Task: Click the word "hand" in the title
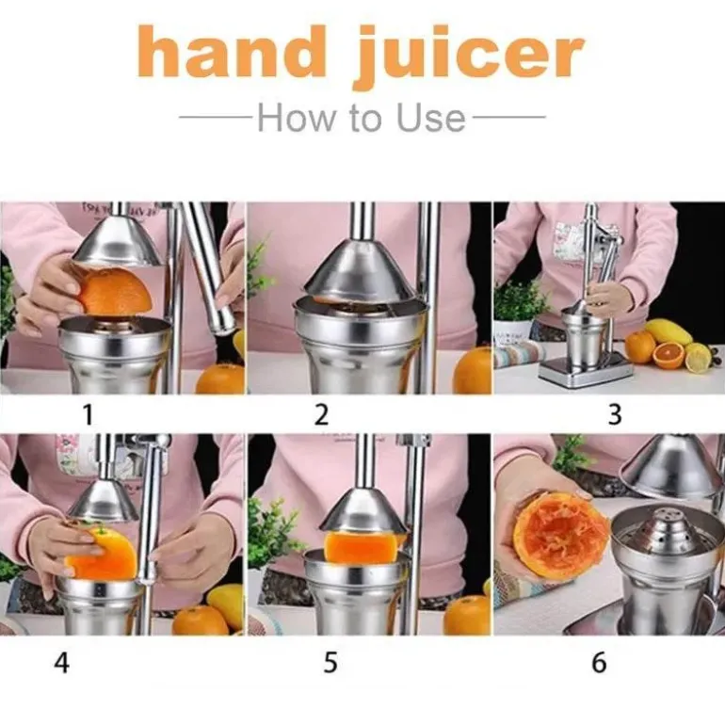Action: (233, 52)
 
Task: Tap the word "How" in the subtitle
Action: (295, 118)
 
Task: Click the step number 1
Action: (88, 414)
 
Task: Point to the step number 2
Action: (321, 414)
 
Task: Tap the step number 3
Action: (615, 414)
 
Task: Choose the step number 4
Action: (62, 663)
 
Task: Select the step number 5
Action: (330, 663)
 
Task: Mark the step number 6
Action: (599, 663)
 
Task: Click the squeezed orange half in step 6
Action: (560, 538)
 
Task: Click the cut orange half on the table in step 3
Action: (669, 355)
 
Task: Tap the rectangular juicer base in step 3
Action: (587, 373)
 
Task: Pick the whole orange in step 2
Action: (473, 371)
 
